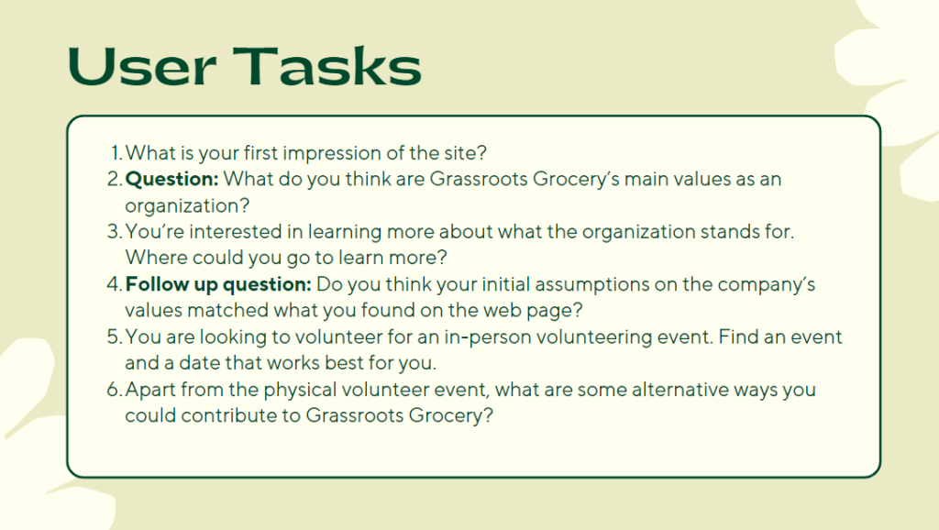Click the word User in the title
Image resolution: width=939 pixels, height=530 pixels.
coord(142,66)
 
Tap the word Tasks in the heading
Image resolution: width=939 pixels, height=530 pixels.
coord(327,66)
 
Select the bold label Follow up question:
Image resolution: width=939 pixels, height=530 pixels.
coord(218,284)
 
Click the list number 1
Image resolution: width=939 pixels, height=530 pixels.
coord(116,153)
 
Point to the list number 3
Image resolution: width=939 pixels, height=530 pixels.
coord(115,231)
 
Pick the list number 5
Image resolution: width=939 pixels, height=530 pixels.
coord(115,337)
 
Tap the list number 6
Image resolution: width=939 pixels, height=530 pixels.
coord(115,390)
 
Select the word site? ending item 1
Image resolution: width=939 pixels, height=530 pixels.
coord(465,153)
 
